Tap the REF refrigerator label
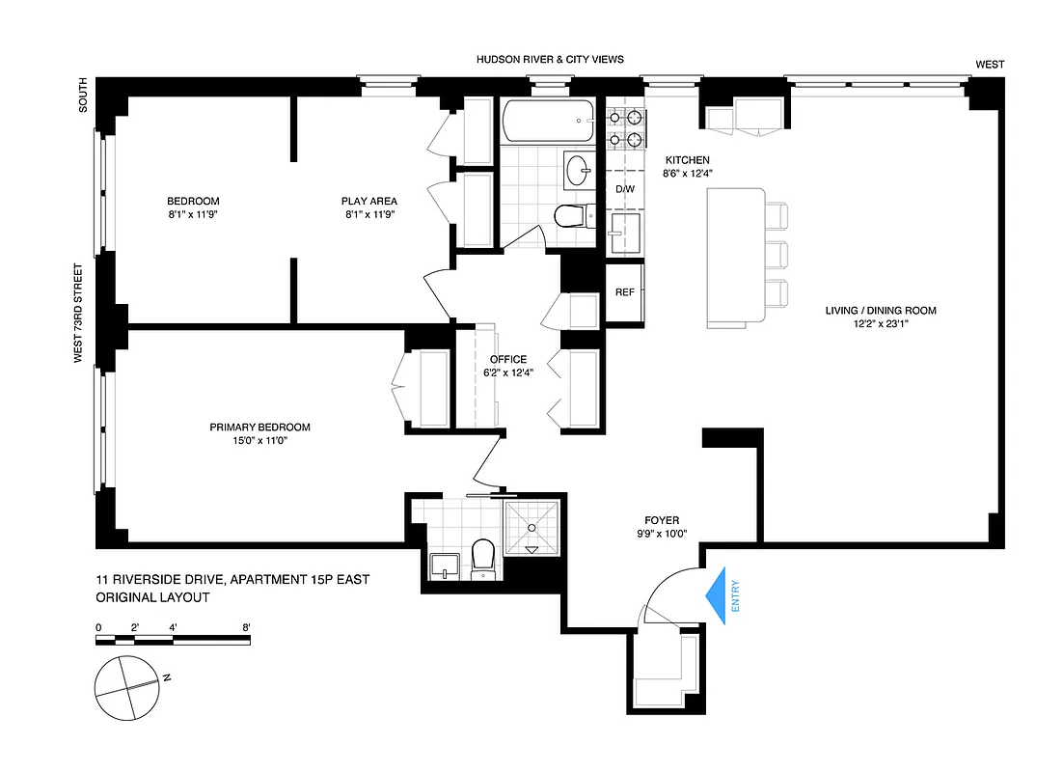pyautogui.click(x=624, y=292)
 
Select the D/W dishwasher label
pyautogui.click(x=625, y=189)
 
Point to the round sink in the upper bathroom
pyautogui.click(x=579, y=171)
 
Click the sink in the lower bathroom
pyautogui.click(x=444, y=565)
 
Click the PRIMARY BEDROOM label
pyautogui.click(x=260, y=427)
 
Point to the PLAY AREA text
pyautogui.click(x=368, y=202)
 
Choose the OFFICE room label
pyautogui.click(x=508, y=360)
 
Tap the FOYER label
pyautogui.click(x=662, y=520)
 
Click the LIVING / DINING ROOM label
pyautogui.click(x=880, y=311)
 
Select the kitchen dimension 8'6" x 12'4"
pyautogui.click(x=687, y=174)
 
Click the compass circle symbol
pyautogui.click(x=125, y=686)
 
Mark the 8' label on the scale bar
pyautogui.click(x=247, y=627)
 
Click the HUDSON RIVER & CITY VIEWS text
pyautogui.click(x=550, y=60)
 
